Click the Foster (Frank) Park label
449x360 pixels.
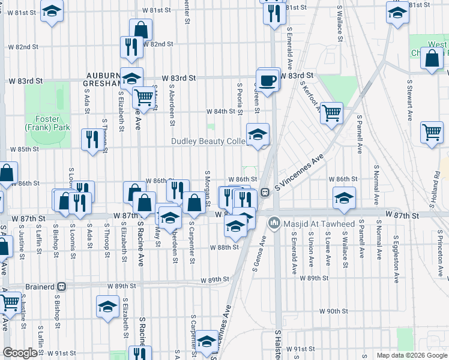[47, 123]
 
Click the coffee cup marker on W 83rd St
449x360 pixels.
[268, 80]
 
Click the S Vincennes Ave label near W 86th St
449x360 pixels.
[299, 172]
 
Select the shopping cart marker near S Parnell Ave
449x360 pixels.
[331, 112]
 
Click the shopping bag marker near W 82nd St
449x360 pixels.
[140, 29]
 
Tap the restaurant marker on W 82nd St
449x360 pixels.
[131, 47]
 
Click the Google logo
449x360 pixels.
[20, 353]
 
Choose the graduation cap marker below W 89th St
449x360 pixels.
[107, 307]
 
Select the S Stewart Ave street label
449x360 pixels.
[411, 98]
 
